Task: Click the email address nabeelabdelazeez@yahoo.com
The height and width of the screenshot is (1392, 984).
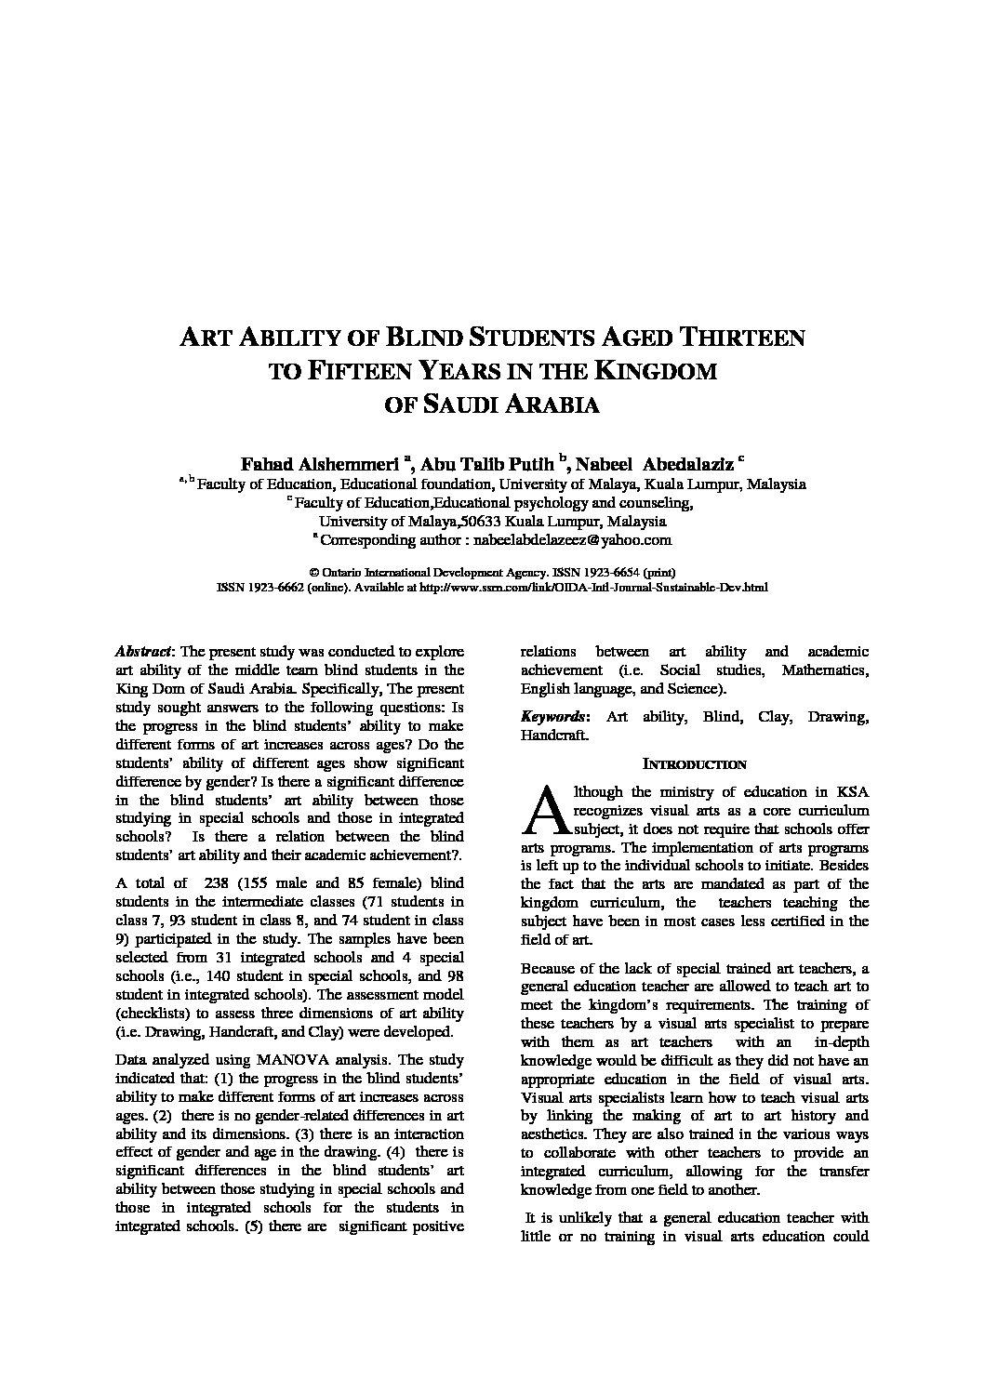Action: point(572,539)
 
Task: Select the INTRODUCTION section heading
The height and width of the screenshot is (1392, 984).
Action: point(695,764)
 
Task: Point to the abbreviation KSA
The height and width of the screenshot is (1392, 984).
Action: point(850,792)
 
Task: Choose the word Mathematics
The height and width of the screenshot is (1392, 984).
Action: point(825,670)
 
